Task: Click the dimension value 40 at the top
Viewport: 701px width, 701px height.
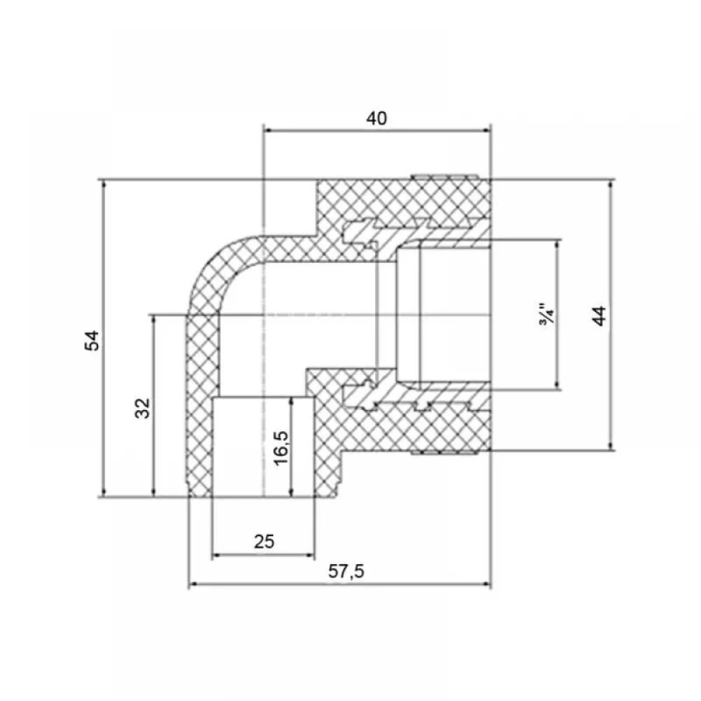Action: point(376,118)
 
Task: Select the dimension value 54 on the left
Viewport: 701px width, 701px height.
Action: point(92,340)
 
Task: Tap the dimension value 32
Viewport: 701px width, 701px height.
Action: point(142,408)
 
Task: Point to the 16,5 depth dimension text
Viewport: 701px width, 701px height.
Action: point(281,448)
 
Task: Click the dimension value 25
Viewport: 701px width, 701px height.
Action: point(264,541)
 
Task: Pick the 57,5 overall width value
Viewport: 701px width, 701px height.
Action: point(346,571)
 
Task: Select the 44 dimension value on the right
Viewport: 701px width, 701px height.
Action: point(599,315)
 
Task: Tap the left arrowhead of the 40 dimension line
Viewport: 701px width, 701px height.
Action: point(268,130)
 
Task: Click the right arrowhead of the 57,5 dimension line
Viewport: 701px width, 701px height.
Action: point(486,583)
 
